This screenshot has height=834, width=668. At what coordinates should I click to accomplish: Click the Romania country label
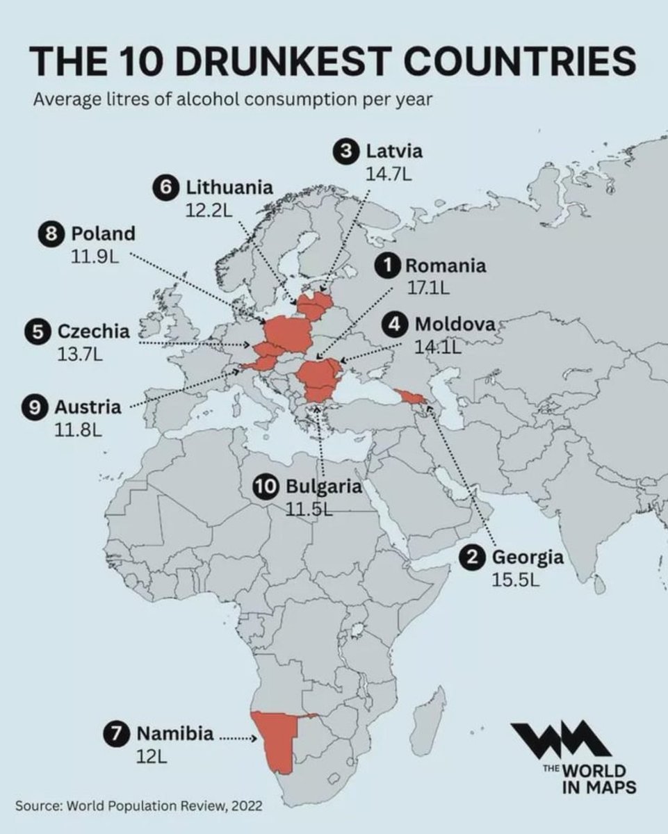coord(445,265)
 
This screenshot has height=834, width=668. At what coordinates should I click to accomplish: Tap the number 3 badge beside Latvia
coord(345,151)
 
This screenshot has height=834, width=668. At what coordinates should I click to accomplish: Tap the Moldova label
coord(455,324)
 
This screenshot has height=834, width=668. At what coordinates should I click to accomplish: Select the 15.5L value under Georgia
coord(516,580)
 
